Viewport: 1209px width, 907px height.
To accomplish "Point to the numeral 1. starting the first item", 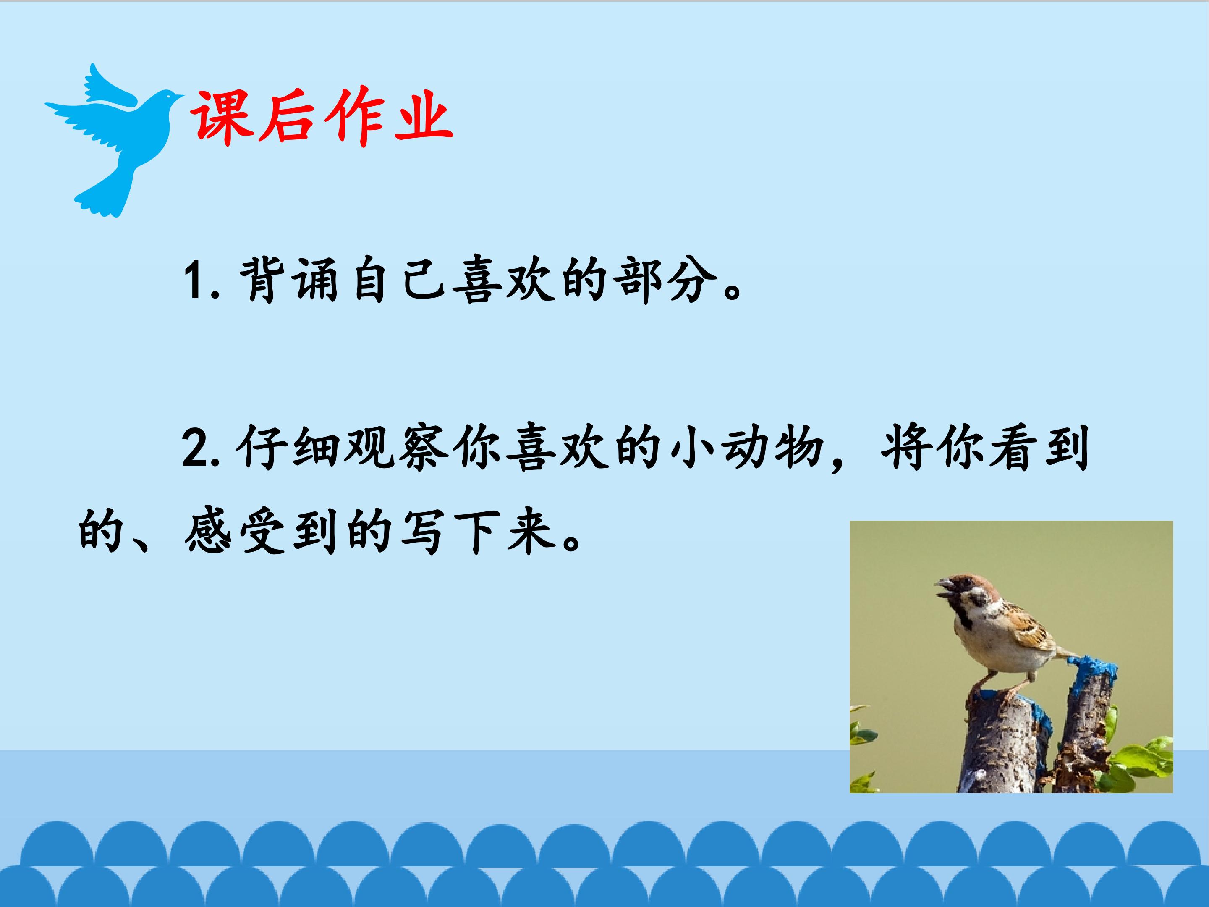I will click(199, 282).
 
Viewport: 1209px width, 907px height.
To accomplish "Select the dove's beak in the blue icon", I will click(181, 97).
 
